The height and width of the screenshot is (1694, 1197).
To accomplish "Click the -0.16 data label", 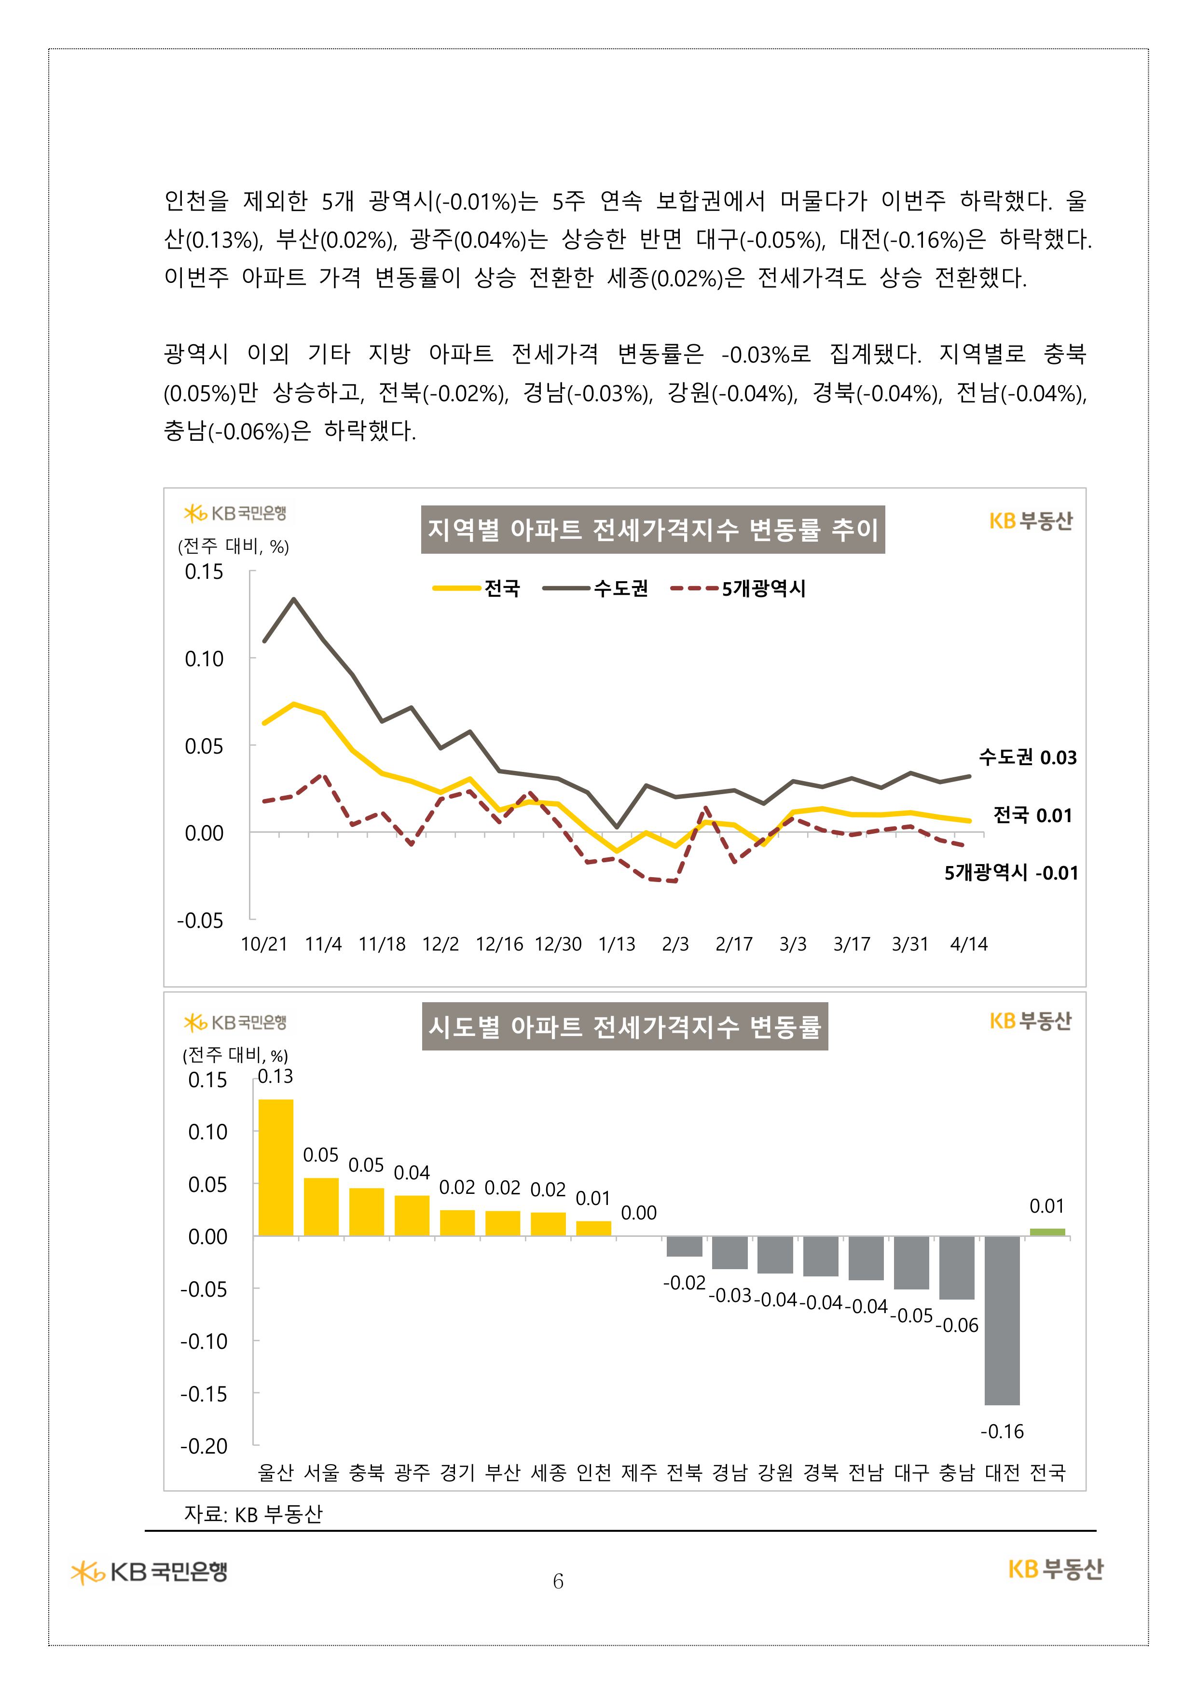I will click(x=1002, y=1431).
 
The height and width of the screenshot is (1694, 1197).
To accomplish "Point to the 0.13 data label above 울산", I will click(x=275, y=1077).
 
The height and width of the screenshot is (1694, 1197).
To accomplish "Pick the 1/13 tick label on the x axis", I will click(x=617, y=944).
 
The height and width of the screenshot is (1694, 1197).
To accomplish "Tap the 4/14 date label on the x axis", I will click(x=968, y=944).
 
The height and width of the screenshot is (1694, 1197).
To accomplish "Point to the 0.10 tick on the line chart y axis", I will click(x=204, y=658).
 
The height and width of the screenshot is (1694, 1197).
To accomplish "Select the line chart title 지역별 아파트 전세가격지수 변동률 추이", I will click(x=653, y=529).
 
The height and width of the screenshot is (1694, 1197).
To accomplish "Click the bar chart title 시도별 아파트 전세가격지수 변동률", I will click(x=625, y=1026).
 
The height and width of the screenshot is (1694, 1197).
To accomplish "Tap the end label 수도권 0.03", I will click(x=1027, y=757).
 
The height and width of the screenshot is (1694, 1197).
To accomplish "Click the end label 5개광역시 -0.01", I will click(x=1011, y=873).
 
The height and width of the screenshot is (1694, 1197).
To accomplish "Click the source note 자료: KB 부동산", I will click(x=253, y=1514).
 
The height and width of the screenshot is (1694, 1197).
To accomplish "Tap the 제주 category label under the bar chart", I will click(x=639, y=1473).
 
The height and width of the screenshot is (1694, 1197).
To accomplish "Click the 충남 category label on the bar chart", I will click(x=957, y=1473).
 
